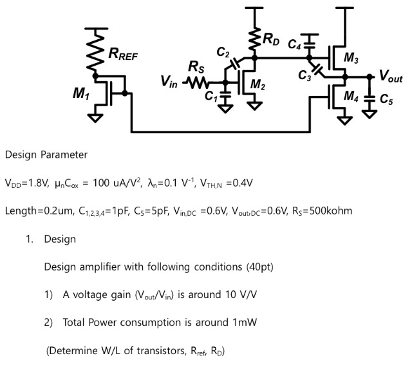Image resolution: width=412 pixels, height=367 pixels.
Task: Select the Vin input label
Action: (x=169, y=82)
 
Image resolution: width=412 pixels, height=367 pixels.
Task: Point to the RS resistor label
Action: (x=196, y=66)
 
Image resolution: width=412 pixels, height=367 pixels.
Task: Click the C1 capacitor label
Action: (x=211, y=97)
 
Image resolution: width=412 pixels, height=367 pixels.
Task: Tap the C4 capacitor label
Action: (x=294, y=44)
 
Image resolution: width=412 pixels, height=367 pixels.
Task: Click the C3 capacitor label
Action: (x=305, y=75)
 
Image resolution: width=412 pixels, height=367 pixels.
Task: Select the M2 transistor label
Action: (x=257, y=84)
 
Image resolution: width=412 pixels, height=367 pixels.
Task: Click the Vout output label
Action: (x=391, y=77)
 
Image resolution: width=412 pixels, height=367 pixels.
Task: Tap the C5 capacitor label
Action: (x=386, y=100)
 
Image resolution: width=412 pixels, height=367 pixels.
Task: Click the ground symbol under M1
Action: (x=96, y=117)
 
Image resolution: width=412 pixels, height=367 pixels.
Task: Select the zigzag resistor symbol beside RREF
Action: (x=96, y=55)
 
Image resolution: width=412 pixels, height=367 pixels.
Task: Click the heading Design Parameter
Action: (x=46, y=155)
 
